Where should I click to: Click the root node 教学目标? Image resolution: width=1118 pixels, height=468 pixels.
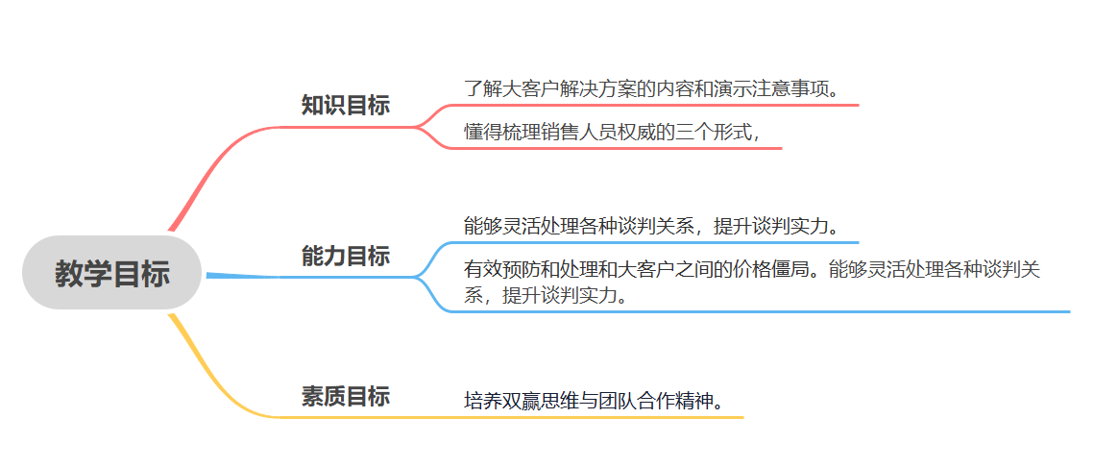click(111, 274)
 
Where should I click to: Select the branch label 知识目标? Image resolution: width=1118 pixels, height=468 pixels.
click(345, 106)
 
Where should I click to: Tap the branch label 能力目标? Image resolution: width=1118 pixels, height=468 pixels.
click(345, 257)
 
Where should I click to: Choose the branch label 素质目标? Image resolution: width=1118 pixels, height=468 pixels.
click(345, 396)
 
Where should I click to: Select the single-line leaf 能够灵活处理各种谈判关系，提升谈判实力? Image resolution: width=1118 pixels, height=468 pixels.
click(652, 227)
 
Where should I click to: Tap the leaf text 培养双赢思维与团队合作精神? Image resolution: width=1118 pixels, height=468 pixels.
click(593, 400)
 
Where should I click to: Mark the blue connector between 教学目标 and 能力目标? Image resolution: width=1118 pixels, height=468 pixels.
click(240, 276)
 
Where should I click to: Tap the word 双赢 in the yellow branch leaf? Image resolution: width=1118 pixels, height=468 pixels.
click(520, 400)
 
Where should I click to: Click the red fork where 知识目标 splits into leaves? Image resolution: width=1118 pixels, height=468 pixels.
click(419, 127)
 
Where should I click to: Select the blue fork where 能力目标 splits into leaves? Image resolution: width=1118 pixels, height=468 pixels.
click(419, 277)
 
